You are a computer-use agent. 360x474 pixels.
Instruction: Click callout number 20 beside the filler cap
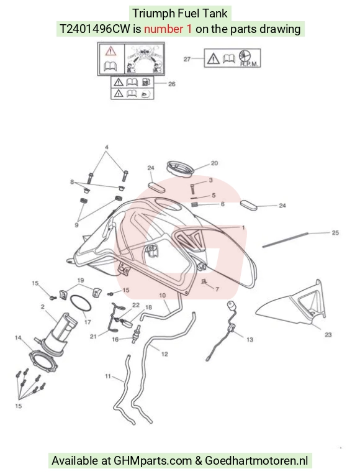[214, 163]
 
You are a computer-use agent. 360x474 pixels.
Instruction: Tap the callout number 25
[335, 233]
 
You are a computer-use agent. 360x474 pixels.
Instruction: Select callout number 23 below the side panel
[328, 335]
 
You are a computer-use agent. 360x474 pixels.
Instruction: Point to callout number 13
[250, 340]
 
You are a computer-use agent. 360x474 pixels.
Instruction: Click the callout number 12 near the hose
[164, 354]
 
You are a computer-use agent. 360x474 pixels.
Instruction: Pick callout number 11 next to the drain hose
[108, 376]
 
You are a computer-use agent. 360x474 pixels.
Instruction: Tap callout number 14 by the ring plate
[18, 338]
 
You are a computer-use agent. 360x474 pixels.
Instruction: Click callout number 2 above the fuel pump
[43, 307]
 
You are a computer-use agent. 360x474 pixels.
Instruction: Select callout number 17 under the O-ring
[88, 322]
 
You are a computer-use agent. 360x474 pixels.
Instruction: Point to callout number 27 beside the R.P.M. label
[187, 59]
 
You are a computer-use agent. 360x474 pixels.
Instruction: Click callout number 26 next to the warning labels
[171, 84]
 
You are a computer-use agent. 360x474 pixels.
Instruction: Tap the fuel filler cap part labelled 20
[180, 168]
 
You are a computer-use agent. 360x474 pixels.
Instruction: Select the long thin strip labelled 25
[285, 240]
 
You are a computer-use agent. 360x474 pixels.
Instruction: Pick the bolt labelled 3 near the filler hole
[193, 189]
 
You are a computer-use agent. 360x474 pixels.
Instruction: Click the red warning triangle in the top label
[110, 51]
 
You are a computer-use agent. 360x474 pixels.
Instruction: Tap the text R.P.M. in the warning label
[249, 64]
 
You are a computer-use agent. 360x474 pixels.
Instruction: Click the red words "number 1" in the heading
[168, 29]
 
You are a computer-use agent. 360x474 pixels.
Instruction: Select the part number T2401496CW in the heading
[95, 29]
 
